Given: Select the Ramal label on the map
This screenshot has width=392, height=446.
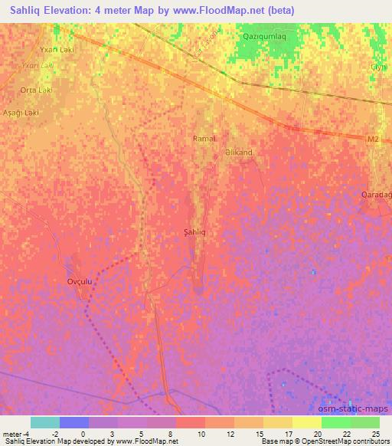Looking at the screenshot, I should [x=205, y=139].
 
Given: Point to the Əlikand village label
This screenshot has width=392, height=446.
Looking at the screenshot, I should [x=239, y=152].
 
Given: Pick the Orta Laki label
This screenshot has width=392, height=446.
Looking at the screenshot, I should [x=36, y=90].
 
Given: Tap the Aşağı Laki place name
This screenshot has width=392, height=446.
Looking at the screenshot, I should [x=21, y=113].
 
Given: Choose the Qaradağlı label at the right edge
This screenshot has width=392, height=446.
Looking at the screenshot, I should [x=377, y=195].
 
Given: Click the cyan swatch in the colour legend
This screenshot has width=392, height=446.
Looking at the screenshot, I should [x=45, y=422].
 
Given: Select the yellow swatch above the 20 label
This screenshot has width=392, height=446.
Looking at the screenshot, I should [x=307, y=422].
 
